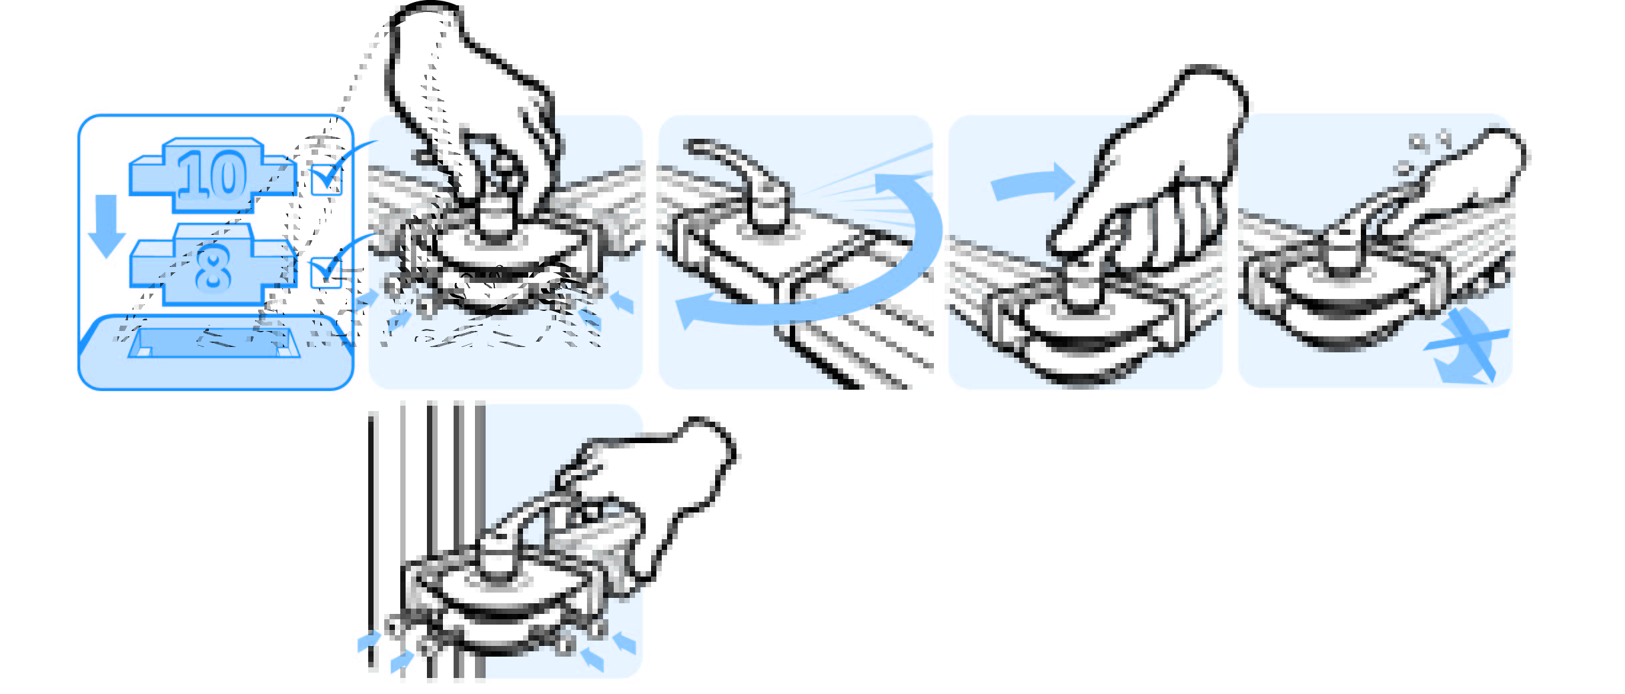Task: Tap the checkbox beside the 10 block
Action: pyautogui.click(x=326, y=180)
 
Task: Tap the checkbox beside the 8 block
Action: pyautogui.click(x=326, y=272)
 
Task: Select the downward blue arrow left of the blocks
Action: pyautogui.click(x=107, y=226)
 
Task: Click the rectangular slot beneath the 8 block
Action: pyautogui.click(x=214, y=342)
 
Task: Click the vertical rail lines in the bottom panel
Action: pyautogui.click(x=427, y=541)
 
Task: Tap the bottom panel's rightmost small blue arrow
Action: pyautogui.click(x=624, y=643)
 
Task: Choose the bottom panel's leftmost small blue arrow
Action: pyautogui.click(x=369, y=641)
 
